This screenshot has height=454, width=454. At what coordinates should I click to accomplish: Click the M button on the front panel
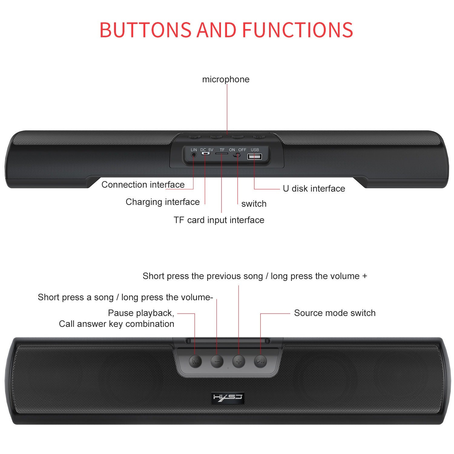coord(195,361)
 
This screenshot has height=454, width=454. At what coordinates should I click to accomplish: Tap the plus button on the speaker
coord(239,361)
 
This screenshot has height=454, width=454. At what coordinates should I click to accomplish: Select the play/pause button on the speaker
coord(260,361)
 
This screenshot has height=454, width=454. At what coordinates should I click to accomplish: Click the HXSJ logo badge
coord(227,397)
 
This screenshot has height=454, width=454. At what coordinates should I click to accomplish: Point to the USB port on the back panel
coord(255,156)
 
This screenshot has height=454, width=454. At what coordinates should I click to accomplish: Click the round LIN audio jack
coord(194,154)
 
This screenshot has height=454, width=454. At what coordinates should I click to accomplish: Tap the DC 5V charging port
coord(206,153)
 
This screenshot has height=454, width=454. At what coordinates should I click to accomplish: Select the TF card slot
coord(222,154)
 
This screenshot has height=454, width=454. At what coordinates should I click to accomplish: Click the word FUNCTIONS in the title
coord(298,30)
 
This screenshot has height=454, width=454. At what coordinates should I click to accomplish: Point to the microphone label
coord(226,79)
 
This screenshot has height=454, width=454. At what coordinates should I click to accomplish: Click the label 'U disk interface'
coord(314,189)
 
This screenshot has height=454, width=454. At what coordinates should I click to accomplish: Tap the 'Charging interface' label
coord(163,202)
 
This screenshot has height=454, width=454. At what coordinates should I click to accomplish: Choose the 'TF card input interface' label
coord(219,220)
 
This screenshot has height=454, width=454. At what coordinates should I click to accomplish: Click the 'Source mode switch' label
coord(335,313)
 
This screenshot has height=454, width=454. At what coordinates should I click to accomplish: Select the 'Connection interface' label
coord(143,185)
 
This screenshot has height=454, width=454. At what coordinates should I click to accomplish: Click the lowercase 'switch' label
coord(254,204)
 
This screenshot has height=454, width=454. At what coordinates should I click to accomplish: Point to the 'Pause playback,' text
coord(141,313)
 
